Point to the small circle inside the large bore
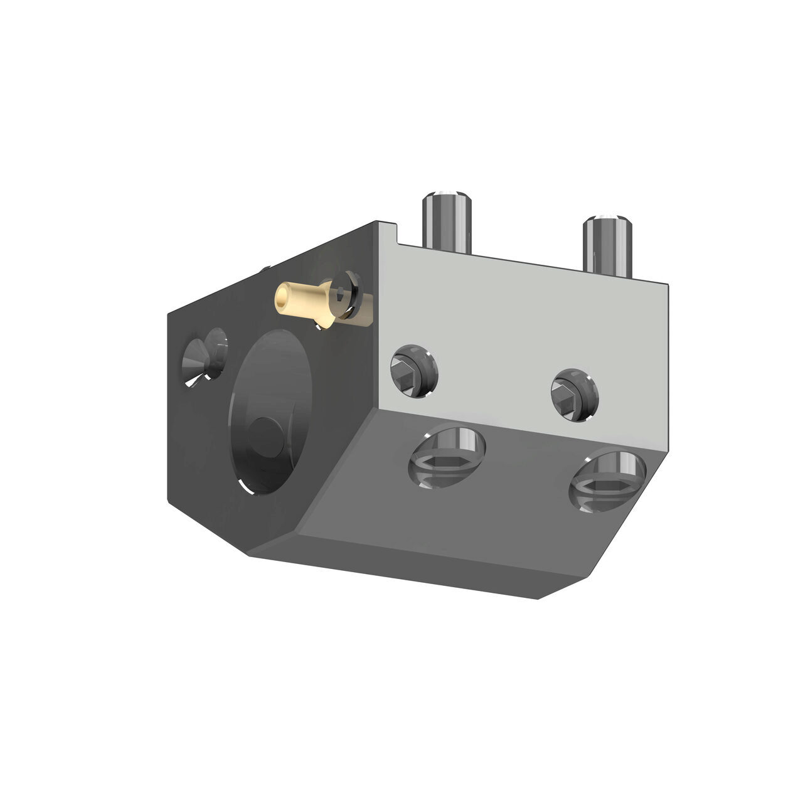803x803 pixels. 263,433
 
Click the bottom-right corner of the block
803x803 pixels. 538,597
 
